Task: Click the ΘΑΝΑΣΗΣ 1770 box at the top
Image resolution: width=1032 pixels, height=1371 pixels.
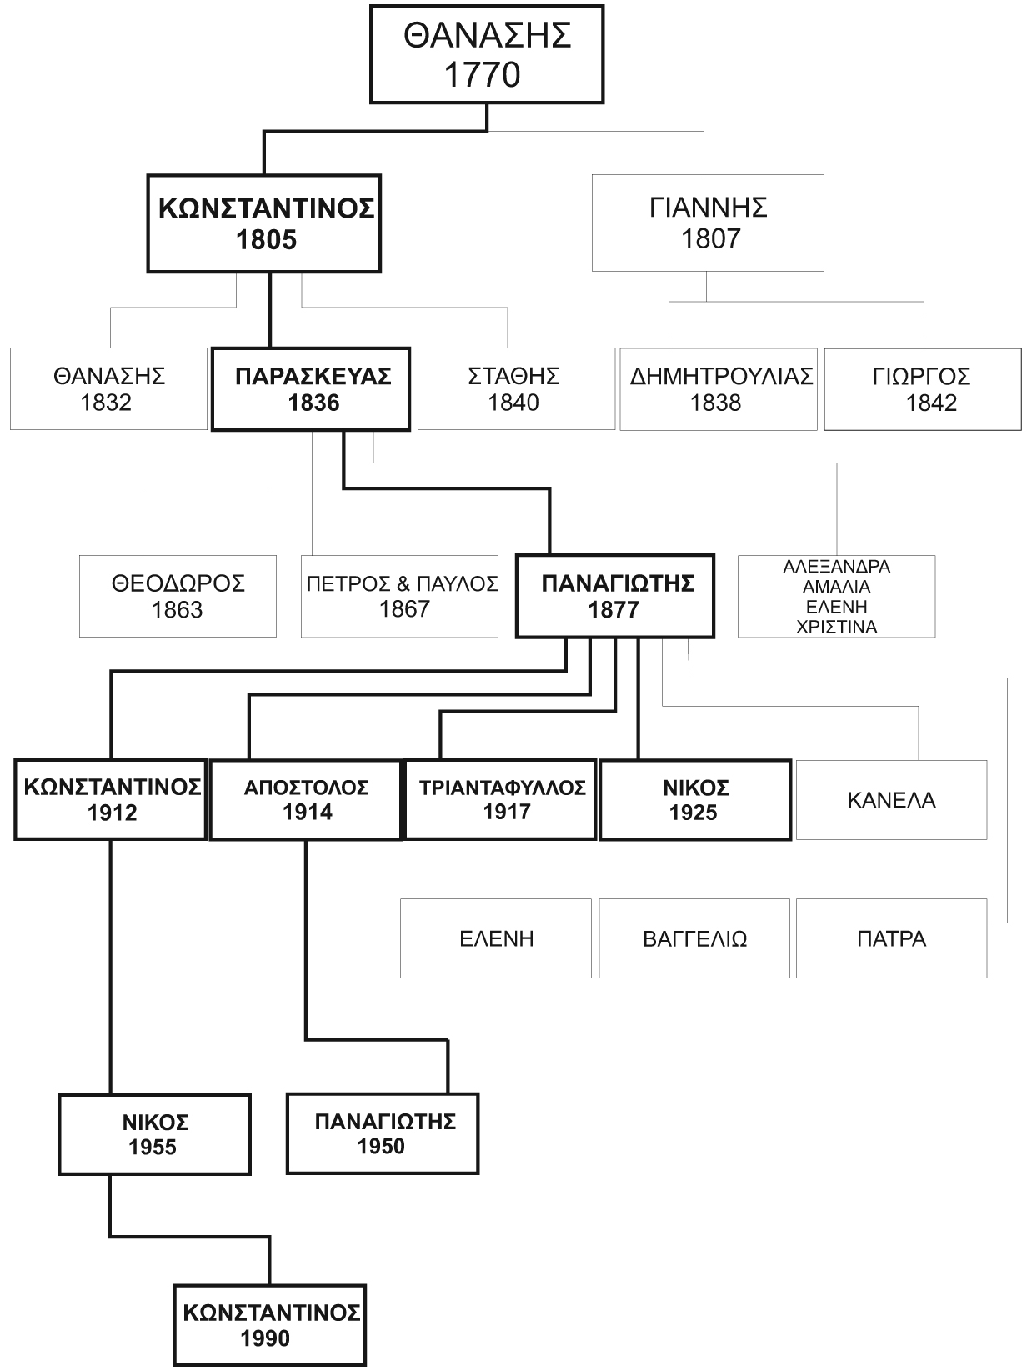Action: coord(486,56)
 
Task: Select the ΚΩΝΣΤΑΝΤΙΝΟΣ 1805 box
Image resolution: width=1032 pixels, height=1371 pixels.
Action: coord(264,223)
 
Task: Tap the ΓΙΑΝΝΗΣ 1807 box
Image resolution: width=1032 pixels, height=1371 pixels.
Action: coord(708,223)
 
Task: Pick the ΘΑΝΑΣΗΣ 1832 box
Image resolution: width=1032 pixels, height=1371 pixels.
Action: coord(108,388)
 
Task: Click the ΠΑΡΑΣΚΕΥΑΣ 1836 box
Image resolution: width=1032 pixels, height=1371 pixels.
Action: coord(311,388)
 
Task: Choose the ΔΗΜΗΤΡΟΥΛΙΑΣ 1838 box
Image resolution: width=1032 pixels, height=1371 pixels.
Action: coord(719,388)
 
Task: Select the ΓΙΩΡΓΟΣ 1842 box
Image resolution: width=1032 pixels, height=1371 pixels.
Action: coord(922,388)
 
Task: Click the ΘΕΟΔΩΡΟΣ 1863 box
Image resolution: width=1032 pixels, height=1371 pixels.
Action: coord(178,596)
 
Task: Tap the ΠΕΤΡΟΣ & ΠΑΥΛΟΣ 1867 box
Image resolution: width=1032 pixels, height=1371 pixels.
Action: coord(400,596)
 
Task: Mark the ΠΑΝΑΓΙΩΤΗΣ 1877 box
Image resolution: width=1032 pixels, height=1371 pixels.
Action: coord(615,596)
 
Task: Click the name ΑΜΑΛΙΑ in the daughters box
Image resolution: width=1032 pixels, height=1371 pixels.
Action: coord(837,587)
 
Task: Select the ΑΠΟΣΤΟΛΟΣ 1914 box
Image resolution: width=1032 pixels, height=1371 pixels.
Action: coord(306,799)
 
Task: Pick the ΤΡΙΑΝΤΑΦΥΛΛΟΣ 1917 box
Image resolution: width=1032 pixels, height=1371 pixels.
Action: coord(500,799)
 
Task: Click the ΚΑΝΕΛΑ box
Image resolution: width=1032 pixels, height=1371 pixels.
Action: coord(891,800)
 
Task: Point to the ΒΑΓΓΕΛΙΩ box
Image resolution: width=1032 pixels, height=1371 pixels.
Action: coord(694,938)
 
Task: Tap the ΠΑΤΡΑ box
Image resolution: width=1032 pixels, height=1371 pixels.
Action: coord(891,938)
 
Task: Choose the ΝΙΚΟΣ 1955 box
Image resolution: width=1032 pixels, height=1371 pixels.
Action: coord(154,1134)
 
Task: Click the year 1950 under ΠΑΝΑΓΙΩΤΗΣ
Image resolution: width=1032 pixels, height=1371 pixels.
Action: coord(381,1147)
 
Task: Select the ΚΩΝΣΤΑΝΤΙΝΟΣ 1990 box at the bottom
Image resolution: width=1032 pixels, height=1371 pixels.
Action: coord(270,1325)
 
